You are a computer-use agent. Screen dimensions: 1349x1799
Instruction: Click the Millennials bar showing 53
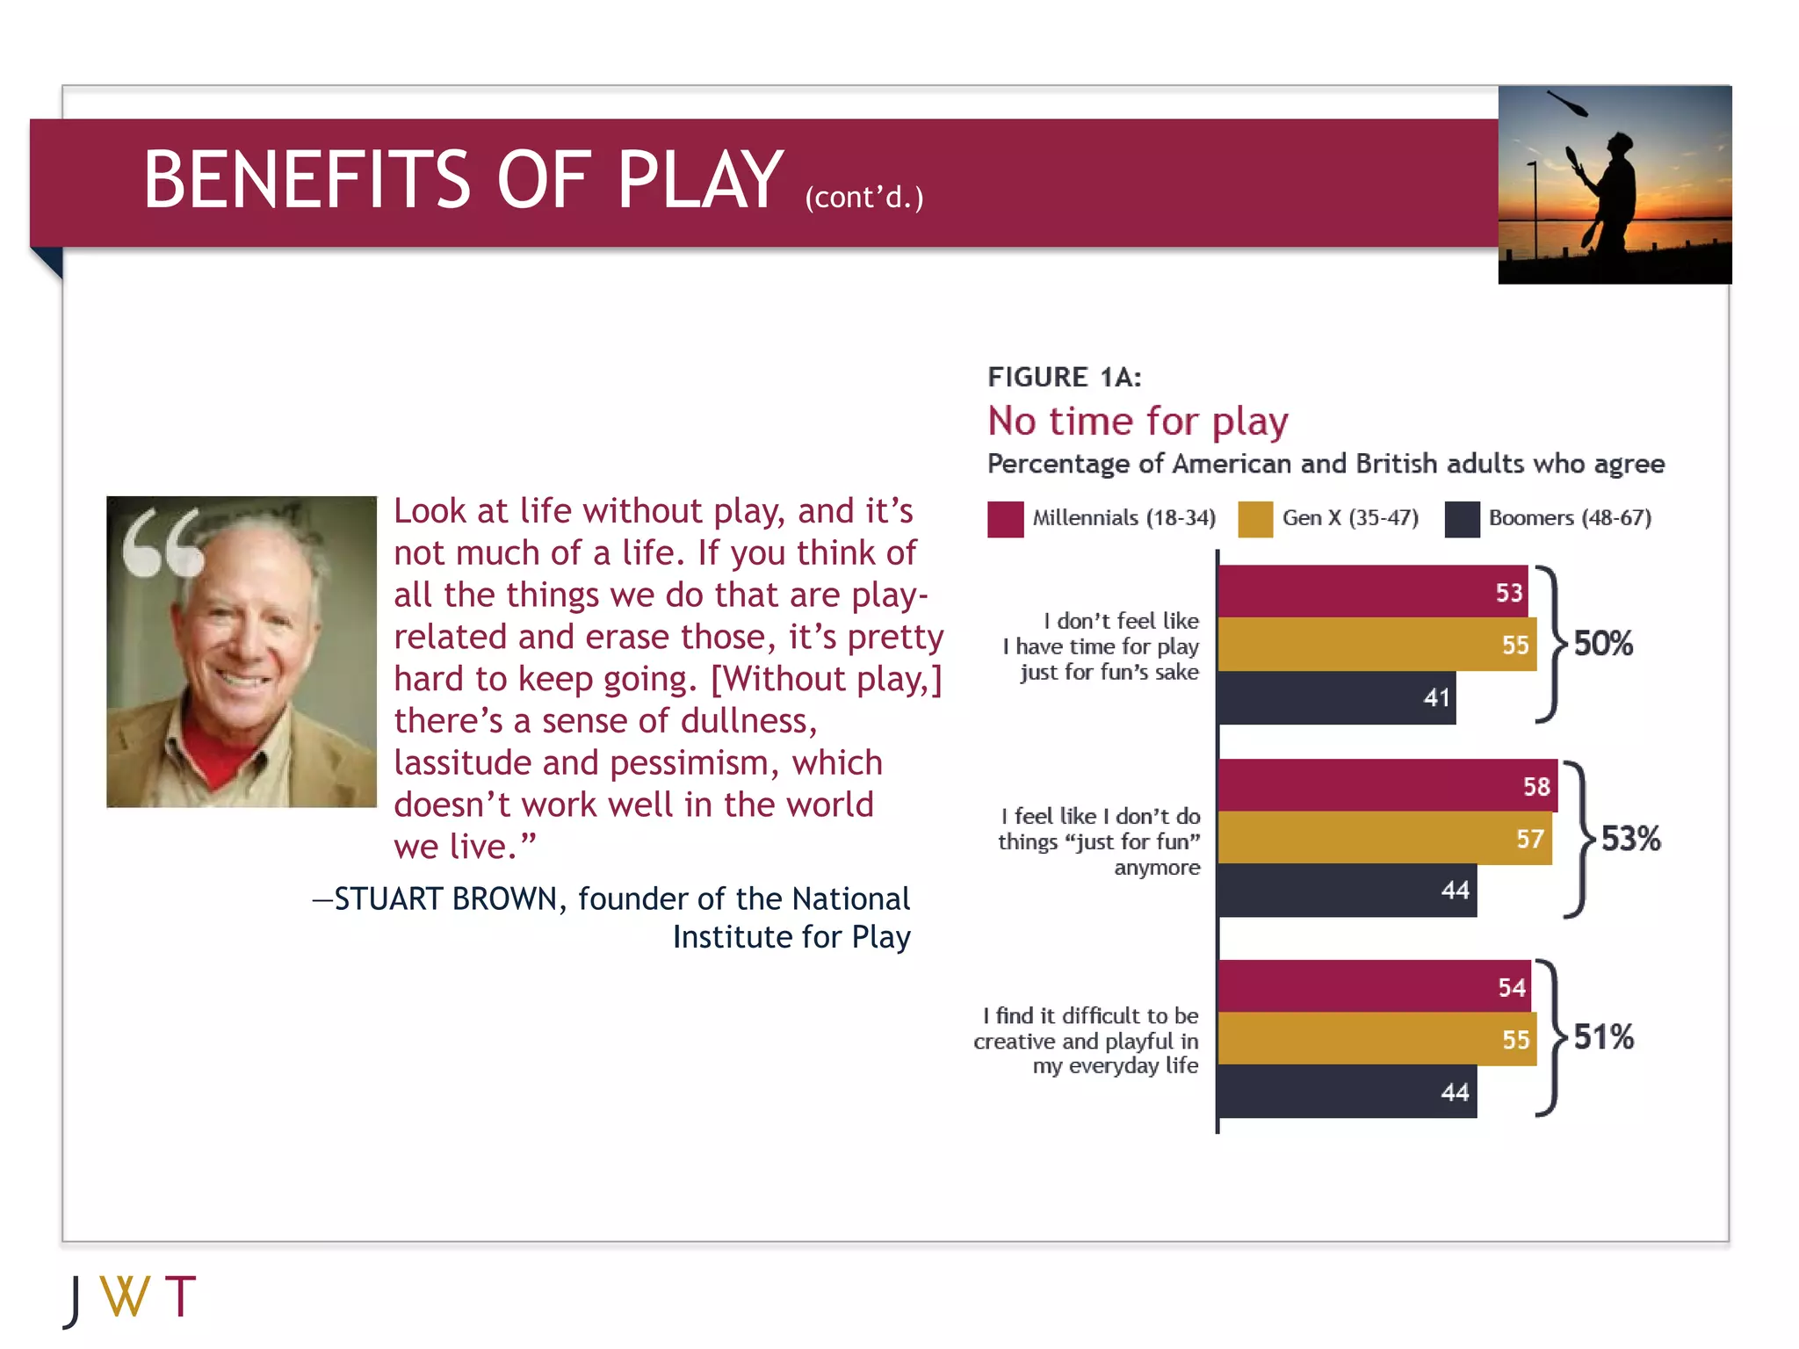[x=1372, y=591]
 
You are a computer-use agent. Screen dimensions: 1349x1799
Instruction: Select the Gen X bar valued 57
[x=1384, y=838]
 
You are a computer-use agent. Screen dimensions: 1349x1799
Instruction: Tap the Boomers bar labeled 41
[x=1336, y=697]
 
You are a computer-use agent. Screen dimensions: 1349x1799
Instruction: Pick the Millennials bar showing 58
[x=1387, y=785]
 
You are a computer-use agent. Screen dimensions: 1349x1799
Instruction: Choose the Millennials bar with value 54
[x=1374, y=986]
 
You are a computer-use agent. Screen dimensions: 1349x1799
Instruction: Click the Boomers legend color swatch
[x=1462, y=519]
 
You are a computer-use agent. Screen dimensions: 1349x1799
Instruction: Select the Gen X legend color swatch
[x=1255, y=519]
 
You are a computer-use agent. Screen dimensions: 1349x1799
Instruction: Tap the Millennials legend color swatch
[x=1005, y=519]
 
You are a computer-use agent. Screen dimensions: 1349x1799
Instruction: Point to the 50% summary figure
[x=1602, y=644]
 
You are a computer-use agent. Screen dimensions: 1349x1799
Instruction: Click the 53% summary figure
[x=1630, y=839]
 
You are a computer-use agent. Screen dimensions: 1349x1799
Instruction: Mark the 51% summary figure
[x=1603, y=1037]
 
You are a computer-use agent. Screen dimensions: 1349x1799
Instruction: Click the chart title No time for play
[x=1138, y=422]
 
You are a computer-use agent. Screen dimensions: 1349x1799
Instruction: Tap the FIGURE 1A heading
[x=1064, y=377]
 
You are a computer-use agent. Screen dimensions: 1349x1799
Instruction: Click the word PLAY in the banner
[x=699, y=180]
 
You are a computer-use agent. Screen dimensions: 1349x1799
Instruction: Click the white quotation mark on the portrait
[x=163, y=544]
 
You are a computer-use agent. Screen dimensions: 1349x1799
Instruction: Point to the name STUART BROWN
[x=445, y=899]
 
